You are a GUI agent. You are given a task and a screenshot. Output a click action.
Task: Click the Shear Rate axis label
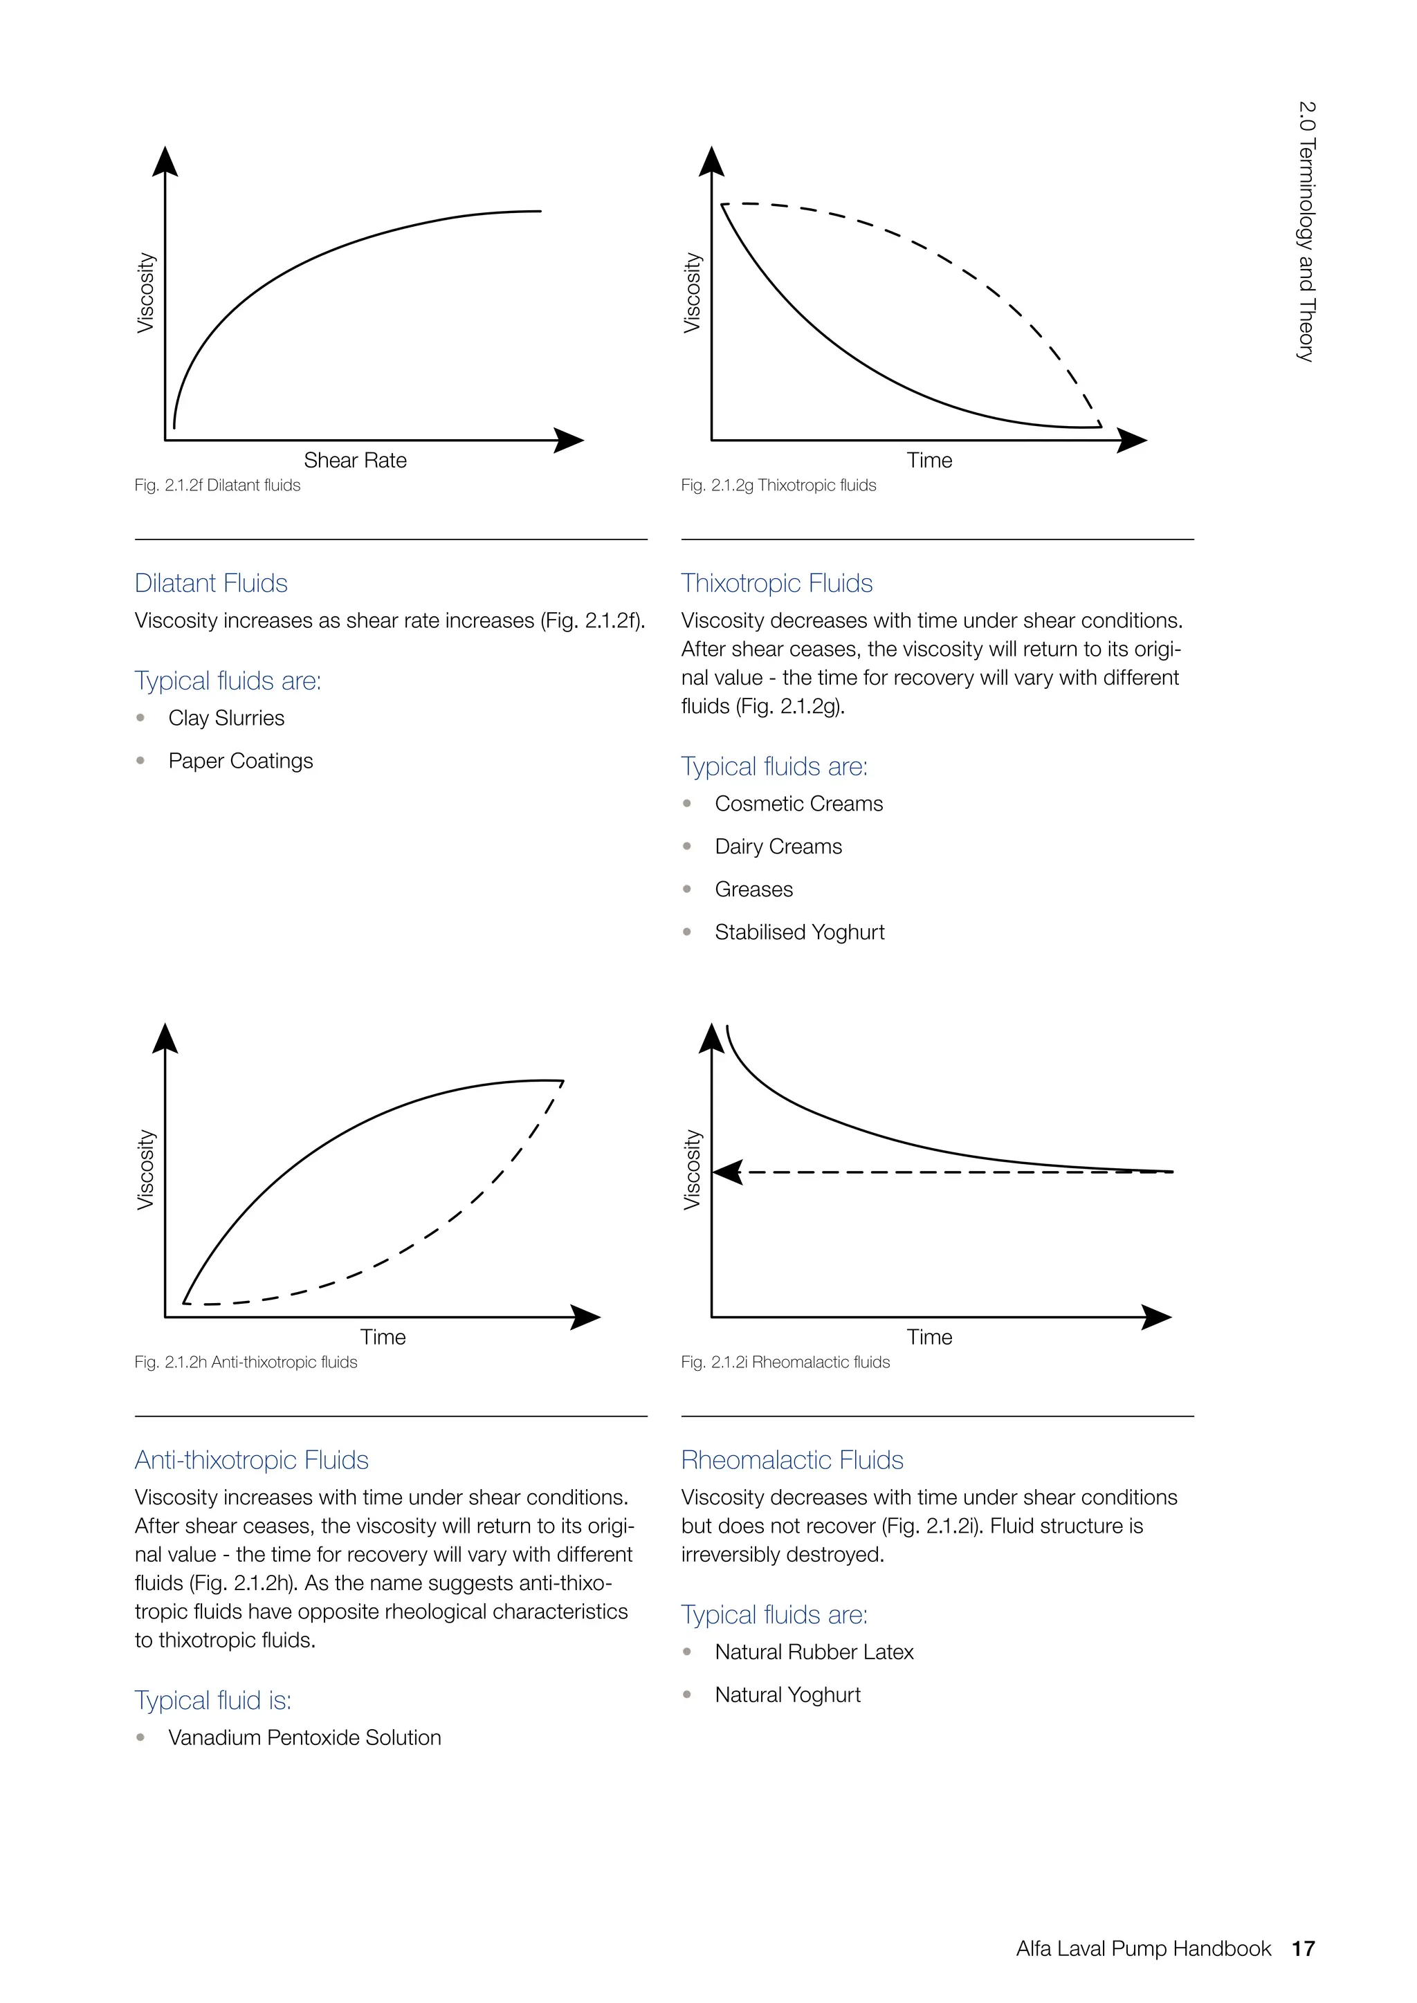coord(354,460)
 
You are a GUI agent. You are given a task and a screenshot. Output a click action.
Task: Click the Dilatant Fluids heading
coord(211,583)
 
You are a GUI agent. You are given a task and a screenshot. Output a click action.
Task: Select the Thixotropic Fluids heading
coord(776,583)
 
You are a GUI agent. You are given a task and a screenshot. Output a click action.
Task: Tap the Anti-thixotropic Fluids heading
coord(251,1459)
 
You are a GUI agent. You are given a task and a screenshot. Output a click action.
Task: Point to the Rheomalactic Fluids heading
coord(792,1459)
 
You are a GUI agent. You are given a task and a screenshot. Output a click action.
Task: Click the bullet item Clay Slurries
coord(226,718)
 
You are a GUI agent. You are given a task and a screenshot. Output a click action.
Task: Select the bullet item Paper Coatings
coord(240,761)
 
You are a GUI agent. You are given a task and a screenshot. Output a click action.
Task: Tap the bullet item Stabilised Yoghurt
coord(798,932)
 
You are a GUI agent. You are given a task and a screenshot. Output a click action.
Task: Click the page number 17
coord(1302,1948)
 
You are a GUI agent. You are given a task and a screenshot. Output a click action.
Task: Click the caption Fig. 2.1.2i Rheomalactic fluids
coord(785,1362)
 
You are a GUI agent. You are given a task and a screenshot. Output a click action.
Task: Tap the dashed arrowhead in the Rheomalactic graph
coord(729,1172)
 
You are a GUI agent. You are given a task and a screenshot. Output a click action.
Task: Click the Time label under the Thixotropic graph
coord(929,460)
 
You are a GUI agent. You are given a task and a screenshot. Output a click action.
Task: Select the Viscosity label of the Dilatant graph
coord(146,293)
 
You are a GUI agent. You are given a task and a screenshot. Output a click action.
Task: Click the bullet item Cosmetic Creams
coord(798,804)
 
